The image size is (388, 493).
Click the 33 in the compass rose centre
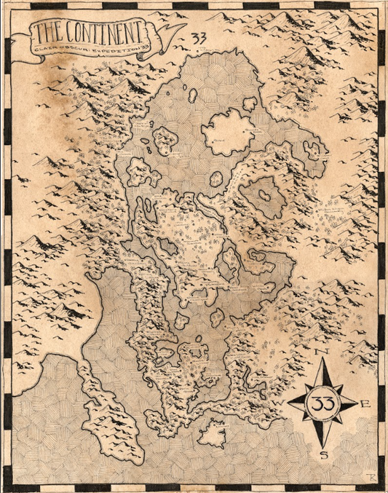(x=323, y=403)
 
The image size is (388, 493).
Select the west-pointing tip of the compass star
(x=289, y=403)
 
